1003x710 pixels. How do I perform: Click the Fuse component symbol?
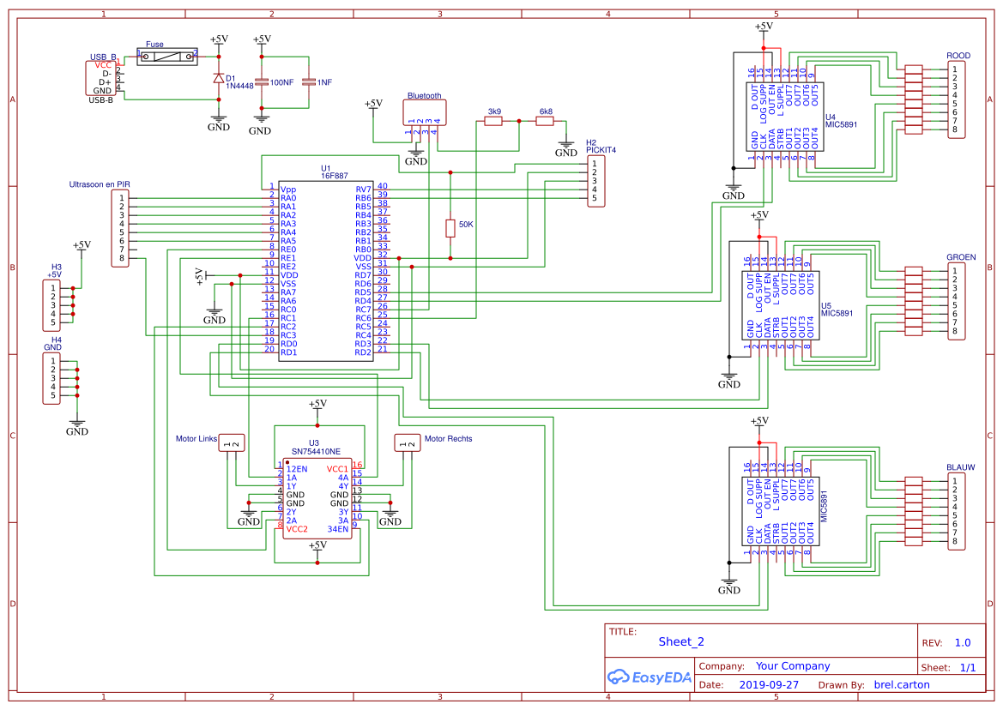pos(167,57)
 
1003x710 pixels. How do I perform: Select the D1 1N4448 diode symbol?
pos(219,79)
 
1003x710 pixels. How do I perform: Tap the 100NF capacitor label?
pos(281,82)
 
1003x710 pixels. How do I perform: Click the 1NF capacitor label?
pos(324,82)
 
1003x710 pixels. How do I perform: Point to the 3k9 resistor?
pos(493,121)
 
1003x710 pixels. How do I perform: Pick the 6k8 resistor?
pos(544,121)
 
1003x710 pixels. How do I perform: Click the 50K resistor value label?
pos(466,225)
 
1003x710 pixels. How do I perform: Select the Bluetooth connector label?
pos(424,96)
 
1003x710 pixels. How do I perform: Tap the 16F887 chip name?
pos(334,176)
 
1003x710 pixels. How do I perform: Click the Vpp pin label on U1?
pos(287,190)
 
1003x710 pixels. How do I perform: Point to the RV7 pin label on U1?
pos(363,190)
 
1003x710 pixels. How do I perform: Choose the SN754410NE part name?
pos(316,451)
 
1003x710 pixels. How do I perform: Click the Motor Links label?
pos(196,439)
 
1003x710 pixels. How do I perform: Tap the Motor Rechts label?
pos(449,439)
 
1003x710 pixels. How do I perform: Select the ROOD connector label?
pos(958,56)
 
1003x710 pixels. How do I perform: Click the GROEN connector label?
pos(962,257)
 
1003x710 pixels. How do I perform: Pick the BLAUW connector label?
pos(961,468)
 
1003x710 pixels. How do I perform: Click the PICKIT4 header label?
pos(601,150)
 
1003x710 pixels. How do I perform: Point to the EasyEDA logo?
pos(650,677)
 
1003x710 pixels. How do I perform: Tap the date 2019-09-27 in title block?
pos(769,684)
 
